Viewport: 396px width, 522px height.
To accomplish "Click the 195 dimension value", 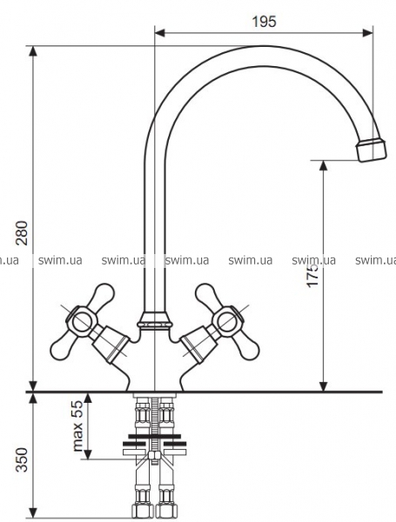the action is tap(264, 22).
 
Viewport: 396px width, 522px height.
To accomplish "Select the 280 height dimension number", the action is tap(23, 232).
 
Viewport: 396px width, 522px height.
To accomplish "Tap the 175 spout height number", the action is tap(312, 276).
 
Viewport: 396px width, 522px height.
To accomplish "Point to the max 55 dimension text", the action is tap(77, 425).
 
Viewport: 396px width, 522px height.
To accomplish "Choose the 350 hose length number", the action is tap(23, 459).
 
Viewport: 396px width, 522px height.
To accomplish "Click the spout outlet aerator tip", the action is tap(371, 149).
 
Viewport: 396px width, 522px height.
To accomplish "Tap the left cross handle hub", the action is tap(81, 320).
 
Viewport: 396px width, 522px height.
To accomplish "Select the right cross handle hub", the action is tap(230, 319).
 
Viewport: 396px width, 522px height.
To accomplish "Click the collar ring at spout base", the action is tap(155, 321).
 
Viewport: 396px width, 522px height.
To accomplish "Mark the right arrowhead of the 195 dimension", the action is tap(367, 33).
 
